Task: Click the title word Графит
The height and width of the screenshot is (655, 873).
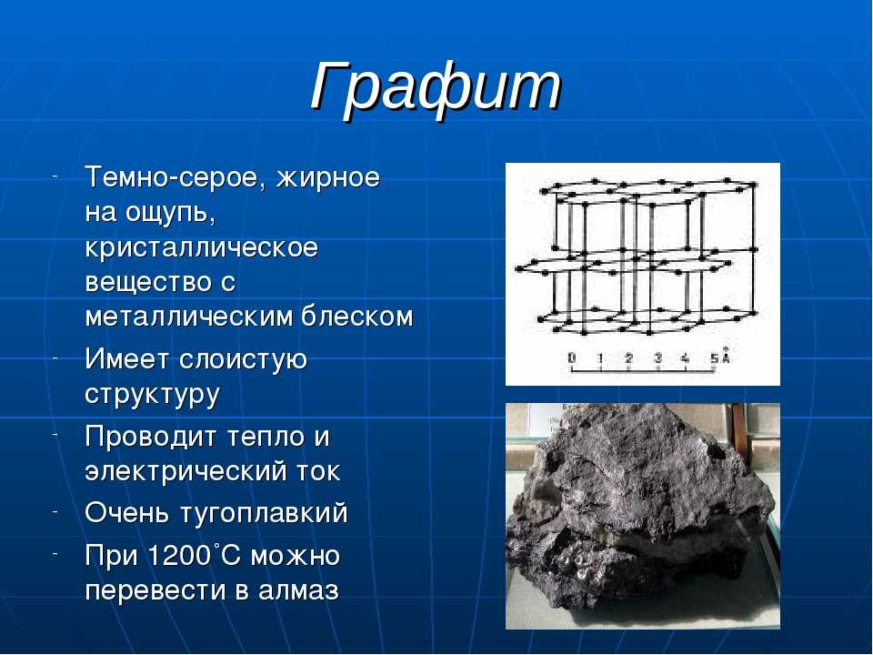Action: (x=436, y=89)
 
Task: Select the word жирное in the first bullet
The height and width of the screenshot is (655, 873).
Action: (x=328, y=178)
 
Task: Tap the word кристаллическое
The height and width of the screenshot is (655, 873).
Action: (x=201, y=248)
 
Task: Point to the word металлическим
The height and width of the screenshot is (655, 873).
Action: (x=189, y=317)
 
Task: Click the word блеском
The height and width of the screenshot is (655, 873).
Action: (x=357, y=317)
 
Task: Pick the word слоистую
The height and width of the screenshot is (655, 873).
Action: (x=244, y=360)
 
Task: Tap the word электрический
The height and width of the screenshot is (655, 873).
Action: (x=182, y=472)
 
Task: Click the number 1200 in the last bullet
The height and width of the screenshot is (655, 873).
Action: (x=180, y=555)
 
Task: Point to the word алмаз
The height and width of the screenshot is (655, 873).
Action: (x=298, y=590)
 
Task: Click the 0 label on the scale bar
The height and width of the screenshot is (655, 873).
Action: (x=571, y=358)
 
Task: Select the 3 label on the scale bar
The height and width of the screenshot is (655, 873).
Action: (x=657, y=358)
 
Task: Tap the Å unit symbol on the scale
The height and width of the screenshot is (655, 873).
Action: (x=725, y=356)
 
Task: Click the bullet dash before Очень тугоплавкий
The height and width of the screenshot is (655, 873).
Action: (x=55, y=510)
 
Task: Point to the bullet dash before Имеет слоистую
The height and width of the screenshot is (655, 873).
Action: (x=55, y=357)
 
